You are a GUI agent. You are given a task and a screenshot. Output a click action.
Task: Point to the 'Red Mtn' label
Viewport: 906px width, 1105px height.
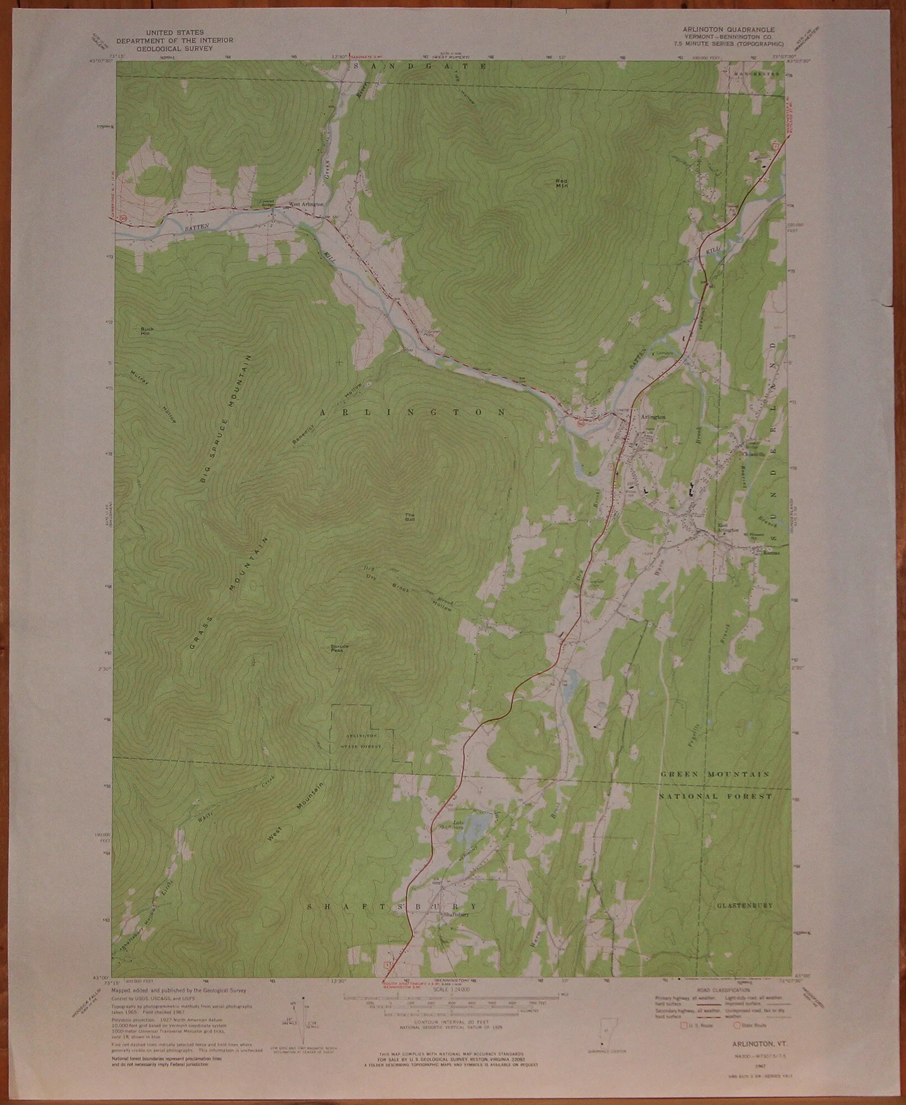pos(561,183)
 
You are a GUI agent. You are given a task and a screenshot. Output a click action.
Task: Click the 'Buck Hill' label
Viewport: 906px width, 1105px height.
pos(146,331)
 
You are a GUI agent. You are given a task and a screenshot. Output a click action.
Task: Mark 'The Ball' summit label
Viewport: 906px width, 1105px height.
pos(410,517)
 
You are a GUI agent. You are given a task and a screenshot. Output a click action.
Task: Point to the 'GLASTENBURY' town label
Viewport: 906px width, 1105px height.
pos(745,905)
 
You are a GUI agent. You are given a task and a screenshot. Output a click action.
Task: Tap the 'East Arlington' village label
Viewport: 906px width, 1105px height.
pos(727,528)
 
